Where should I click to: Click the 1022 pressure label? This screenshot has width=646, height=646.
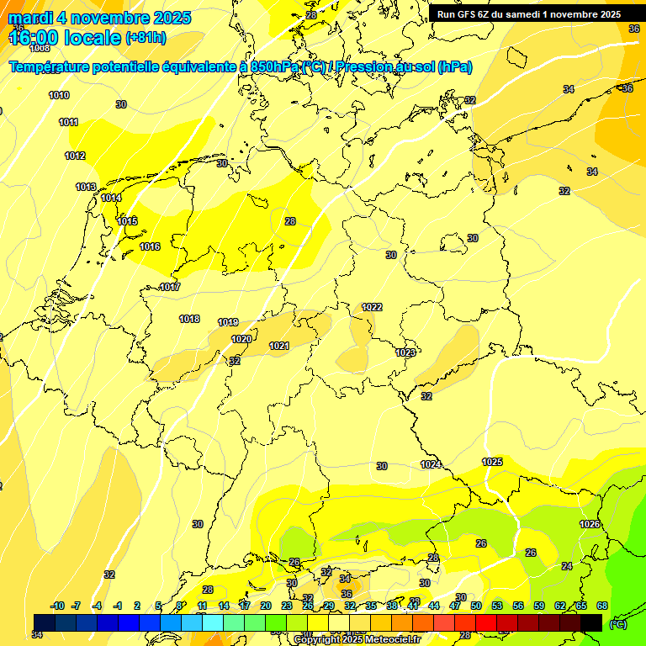tap(372, 307)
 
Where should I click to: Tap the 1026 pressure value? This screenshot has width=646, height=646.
tap(590, 524)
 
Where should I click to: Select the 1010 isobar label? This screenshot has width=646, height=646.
tap(59, 95)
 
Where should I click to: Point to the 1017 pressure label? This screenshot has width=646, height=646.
tap(170, 287)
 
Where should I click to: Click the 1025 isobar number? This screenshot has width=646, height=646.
tap(492, 462)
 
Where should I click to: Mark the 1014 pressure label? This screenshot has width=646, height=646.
tap(111, 198)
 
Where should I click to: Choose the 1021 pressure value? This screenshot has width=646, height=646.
tap(279, 346)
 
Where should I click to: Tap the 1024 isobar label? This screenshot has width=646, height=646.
tap(431, 464)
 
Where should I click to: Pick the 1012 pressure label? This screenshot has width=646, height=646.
tap(75, 156)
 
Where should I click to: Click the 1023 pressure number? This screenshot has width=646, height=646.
tap(405, 352)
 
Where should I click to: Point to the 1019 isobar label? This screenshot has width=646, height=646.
tap(228, 322)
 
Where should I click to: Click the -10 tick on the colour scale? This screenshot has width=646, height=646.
tap(57, 606)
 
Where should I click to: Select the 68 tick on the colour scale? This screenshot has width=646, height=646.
tap(602, 606)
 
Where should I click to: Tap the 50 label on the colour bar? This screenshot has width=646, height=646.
tap(476, 606)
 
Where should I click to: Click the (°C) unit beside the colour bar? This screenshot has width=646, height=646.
tap(617, 623)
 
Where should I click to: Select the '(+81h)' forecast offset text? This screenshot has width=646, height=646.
tap(146, 38)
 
